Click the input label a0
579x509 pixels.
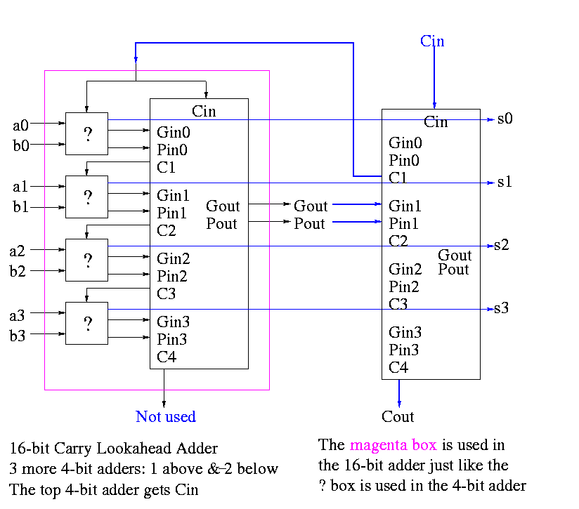click(x=20, y=126)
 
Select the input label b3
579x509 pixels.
click(x=18, y=336)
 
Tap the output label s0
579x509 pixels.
click(x=505, y=119)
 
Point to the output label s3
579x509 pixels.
click(x=500, y=308)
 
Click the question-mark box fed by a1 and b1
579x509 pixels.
click(x=87, y=197)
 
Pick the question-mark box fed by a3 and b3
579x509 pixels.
click(x=87, y=324)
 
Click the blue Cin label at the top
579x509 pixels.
click(x=432, y=41)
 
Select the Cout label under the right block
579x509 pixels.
click(x=398, y=417)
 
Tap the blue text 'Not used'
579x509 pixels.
click(x=166, y=417)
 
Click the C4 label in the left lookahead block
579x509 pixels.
click(x=167, y=357)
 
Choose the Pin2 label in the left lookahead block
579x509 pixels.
click(x=173, y=276)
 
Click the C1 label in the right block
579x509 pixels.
click(x=398, y=178)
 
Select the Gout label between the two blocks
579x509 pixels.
click(x=311, y=206)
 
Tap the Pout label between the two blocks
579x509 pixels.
click(x=310, y=223)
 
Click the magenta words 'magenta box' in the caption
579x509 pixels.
click(x=393, y=445)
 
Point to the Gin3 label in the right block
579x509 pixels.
click(x=405, y=333)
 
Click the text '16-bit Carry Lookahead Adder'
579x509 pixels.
click(x=114, y=449)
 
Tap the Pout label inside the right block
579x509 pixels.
click(x=454, y=270)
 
